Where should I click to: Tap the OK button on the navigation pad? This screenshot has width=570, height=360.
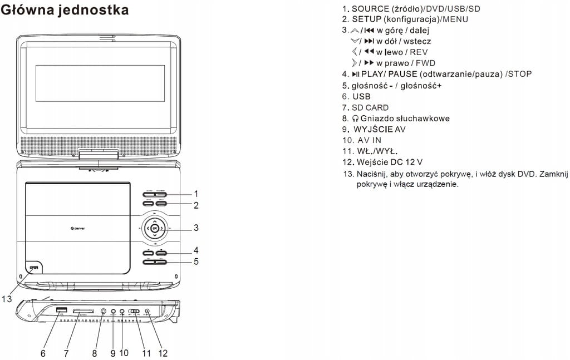point(155,228)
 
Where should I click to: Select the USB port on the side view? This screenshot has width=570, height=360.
point(61,310)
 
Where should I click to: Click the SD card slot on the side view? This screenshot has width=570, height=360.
point(83,312)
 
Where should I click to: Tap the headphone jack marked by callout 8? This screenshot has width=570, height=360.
point(104,312)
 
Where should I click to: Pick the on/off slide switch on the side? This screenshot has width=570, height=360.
point(133,312)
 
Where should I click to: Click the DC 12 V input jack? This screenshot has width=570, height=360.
point(147,312)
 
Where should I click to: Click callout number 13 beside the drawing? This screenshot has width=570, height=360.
point(7,299)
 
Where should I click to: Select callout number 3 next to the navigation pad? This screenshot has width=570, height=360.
point(196,228)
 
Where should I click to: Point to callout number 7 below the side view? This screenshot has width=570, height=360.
point(66,353)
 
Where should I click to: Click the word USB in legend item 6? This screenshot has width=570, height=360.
point(361,96)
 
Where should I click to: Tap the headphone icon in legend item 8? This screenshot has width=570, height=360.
point(355,119)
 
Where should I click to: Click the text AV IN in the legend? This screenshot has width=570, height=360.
point(370,140)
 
